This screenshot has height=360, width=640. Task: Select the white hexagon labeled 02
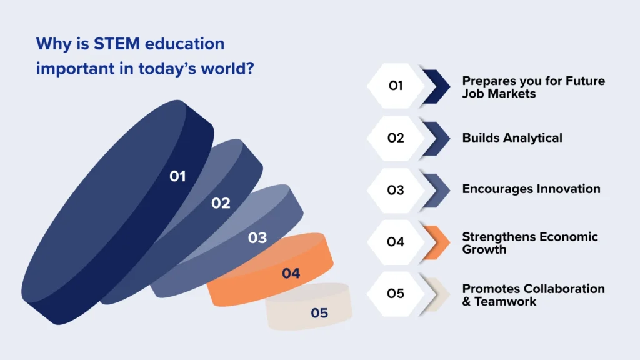(396, 138)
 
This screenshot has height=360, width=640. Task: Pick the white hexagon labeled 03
(396, 190)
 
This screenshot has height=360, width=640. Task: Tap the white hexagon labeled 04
(396, 242)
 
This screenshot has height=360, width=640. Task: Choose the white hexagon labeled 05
(396, 294)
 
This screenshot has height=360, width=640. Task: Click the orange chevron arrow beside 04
(436, 242)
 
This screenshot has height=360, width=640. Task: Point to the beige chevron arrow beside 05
(436, 294)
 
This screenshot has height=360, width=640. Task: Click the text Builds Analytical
(512, 138)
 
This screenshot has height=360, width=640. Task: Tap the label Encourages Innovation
(531, 189)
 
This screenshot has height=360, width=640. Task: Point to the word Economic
(566, 237)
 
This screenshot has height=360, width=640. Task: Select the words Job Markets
(499, 93)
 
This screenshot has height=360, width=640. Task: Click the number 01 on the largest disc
(178, 177)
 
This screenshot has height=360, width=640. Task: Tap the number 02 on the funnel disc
(221, 203)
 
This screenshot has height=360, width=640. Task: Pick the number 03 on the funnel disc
(257, 238)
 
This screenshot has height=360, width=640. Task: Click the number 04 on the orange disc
(291, 274)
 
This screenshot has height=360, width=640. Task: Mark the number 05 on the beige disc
(319, 313)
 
